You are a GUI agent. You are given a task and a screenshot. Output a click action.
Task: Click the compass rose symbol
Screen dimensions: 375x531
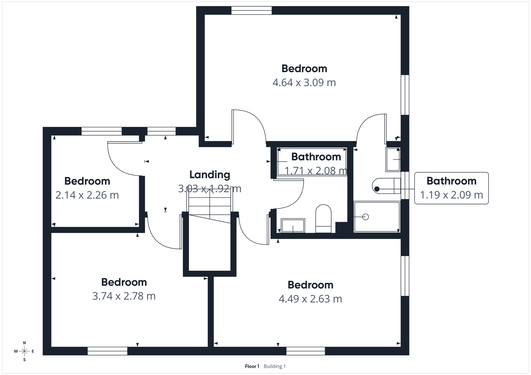point(24,351)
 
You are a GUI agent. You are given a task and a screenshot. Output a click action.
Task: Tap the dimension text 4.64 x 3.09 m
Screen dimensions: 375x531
point(304,82)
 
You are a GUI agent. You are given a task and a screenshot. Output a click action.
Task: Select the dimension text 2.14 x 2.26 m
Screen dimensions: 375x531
point(87,195)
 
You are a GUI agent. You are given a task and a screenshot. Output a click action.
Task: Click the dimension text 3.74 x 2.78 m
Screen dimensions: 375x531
point(124,296)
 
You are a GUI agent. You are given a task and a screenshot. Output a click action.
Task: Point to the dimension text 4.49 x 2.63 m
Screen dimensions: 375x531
point(310,299)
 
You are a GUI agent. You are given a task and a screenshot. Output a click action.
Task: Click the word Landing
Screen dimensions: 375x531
point(209,174)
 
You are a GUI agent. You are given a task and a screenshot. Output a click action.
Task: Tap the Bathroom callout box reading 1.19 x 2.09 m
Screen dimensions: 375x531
point(451,188)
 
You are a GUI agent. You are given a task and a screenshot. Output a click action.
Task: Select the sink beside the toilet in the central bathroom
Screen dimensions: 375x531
point(293,225)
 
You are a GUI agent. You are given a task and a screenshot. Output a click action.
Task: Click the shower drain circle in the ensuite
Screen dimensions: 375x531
point(365,217)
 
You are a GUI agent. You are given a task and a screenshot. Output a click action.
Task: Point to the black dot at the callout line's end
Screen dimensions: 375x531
point(377,189)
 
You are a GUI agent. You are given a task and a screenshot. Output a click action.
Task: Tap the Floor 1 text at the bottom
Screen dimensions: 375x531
point(252,366)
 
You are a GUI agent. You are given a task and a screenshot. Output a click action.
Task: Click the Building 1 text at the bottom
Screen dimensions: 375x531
point(274,366)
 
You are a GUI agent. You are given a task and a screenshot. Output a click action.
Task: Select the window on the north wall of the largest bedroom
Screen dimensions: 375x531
point(251,11)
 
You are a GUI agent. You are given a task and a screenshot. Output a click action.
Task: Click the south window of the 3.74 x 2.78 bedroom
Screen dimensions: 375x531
point(108,351)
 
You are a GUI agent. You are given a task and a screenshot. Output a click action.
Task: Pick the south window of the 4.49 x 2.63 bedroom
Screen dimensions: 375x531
point(305,351)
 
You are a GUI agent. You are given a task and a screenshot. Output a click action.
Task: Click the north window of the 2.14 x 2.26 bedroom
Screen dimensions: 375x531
point(102,131)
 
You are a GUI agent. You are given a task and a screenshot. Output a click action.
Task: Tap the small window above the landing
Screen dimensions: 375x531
point(161,131)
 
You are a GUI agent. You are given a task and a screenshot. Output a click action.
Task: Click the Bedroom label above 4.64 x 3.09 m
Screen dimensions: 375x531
point(304,68)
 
